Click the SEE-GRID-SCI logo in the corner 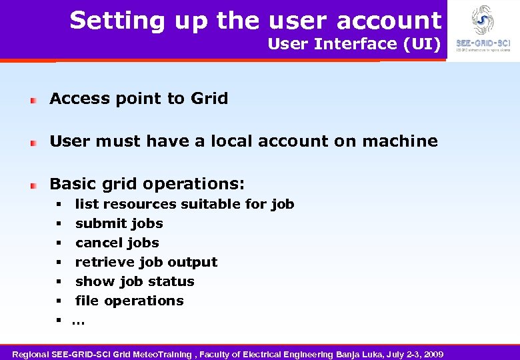coord(482,27)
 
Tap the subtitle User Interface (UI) coord(354,44)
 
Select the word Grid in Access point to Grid coord(209,99)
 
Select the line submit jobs coord(119,223)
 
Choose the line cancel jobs coord(117,243)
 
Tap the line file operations coord(129,301)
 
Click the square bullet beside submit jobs coord(59,223)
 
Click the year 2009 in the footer coord(433,353)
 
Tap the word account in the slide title coord(389,21)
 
